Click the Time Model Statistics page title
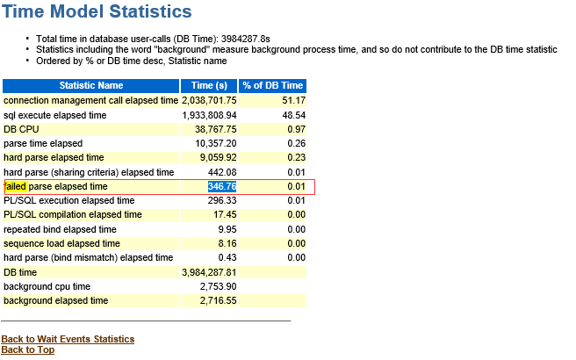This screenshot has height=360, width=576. (97, 12)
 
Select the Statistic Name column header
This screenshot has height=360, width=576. (91, 86)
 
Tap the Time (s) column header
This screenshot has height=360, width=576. (209, 86)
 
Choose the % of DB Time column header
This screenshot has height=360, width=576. (273, 86)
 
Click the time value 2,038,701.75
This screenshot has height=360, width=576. (209, 101)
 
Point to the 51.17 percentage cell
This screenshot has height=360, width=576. (293, 101)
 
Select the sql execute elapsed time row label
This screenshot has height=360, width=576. (55, 115)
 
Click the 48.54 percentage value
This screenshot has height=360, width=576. (293, 115)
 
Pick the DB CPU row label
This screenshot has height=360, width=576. (23, 129)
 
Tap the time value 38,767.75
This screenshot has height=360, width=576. (216, 129)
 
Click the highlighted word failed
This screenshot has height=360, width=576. (15, 186)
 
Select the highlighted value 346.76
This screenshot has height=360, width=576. (222, 186)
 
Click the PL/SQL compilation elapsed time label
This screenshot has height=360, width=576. (73, 214)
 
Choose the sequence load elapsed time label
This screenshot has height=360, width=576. (61, 243)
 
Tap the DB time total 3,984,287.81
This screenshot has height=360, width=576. (209, 272)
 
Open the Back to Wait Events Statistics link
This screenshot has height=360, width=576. (68, 339)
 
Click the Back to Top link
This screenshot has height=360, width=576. (27, 349)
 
